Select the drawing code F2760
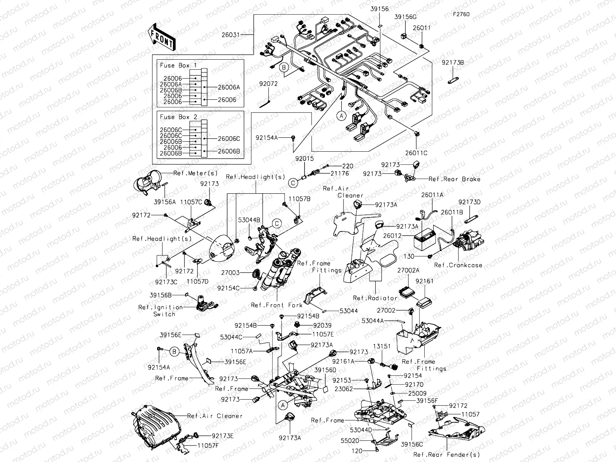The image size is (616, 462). pos(461,15)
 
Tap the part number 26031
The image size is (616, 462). pos(231,35)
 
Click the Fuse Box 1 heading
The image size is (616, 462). pos(178,65)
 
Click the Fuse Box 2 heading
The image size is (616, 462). pos(178,117)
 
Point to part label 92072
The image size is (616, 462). pos(268,84)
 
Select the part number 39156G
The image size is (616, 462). pos(405,17)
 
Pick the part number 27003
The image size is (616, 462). pos(230,273)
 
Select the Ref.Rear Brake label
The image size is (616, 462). pos(454,179)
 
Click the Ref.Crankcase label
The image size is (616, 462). pos(458,265)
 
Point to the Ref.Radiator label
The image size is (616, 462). pos(375,298)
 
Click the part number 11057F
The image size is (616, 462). pos(208,445)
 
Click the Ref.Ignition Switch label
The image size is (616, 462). pos(161,310)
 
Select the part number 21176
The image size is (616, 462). pos(339,174)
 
